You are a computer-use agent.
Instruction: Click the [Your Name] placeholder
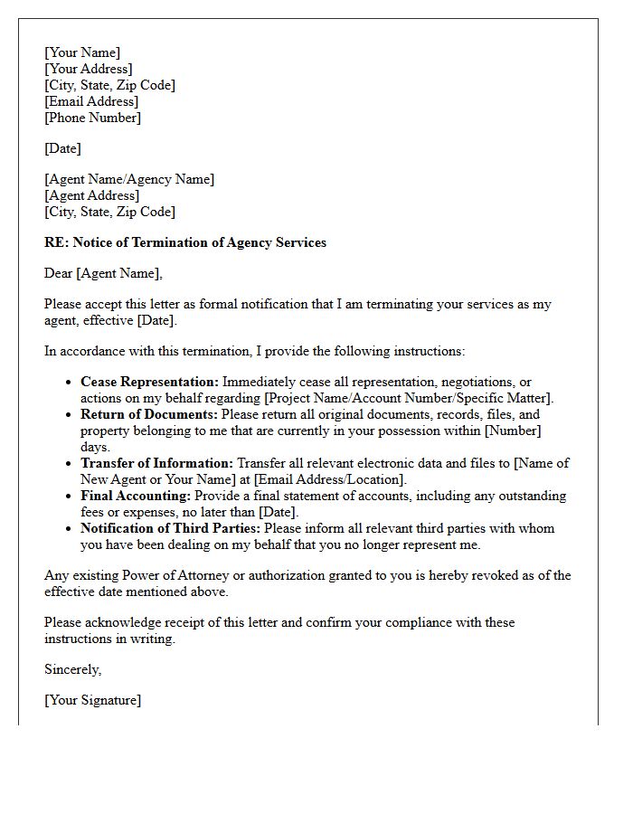tap(82, 52)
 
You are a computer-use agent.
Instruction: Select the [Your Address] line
tap(89, 69)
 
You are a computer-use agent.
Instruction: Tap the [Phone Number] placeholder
tap(92, 118)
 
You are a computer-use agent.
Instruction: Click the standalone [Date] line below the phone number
tap(62, 148)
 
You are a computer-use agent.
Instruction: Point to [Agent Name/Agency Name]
tap(129, 179)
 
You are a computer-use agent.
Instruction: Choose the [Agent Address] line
tap(91, 195)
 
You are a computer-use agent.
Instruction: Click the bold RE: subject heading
tap(185, 242)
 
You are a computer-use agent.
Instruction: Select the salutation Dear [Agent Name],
tap(103, 273)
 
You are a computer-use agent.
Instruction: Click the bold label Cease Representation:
tap(149, 382)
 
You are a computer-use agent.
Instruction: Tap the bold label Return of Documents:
tap(149, 414)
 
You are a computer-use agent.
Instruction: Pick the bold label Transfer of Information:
tap(156, 463)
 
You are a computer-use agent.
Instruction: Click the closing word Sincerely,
tap(72, 669)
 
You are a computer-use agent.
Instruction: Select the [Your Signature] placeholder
tap(92, 700)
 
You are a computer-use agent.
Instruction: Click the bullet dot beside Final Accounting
tap(69, 497)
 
